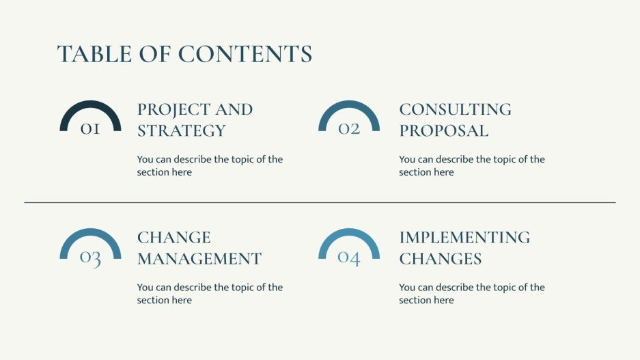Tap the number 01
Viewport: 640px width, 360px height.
(x=90, y=128)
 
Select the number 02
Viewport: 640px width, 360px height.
(x=349, y=128)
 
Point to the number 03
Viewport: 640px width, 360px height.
(x=90, y=258)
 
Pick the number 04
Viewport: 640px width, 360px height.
(x=349, y=258)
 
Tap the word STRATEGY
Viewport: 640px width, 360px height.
(x=181, y=130)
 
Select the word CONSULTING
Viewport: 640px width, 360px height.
(x=455, y=109)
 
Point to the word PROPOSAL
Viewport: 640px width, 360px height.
(x=443, y=130)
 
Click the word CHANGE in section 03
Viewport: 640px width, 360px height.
(x=173, y=238)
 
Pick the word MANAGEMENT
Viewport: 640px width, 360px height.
(x=199, y=259)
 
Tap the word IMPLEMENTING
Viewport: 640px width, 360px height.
(x=464, y=238)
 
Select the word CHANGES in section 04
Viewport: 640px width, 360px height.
(x=440, y=259)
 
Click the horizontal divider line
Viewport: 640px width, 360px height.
(x=320, y=202)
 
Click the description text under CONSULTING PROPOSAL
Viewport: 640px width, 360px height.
(x=471, y=166)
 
